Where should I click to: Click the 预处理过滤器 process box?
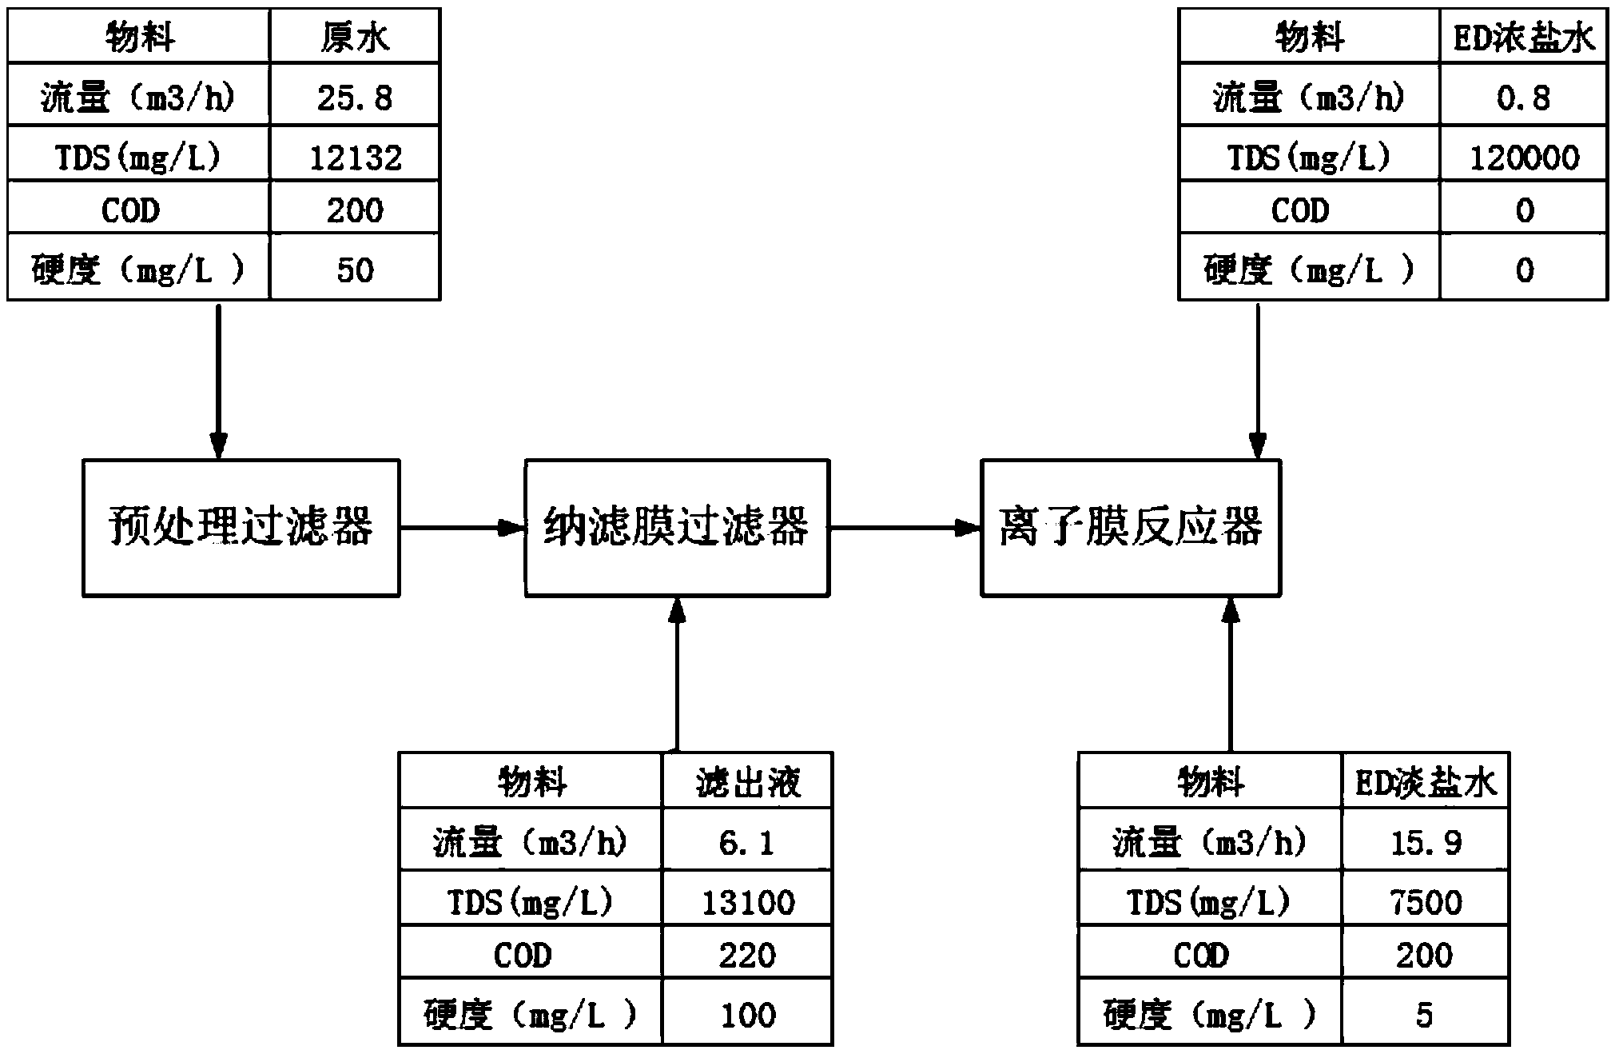coord(241,528)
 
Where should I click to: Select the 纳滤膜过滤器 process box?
coord(677,528)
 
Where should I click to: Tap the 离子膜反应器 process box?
coord(1131,528)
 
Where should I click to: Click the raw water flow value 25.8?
coord(355,98)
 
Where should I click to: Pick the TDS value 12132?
coord(355,158)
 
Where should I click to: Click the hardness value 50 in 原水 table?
coord(355,269)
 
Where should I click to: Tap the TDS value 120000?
coord(1524,158)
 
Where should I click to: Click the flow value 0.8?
coord(1524,98)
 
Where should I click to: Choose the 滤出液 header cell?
coord(747,781)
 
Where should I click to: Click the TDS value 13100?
coord(747,902)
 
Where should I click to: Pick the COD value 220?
coord(747,955)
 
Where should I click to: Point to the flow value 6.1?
coord(747,842)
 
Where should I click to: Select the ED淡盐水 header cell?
coord(1426,781)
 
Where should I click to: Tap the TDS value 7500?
coord(1426,902)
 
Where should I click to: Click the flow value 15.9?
coord(1426,842)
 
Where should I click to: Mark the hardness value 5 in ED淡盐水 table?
coord(1424,1015)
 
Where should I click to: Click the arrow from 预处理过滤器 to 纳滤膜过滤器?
coord(462,528)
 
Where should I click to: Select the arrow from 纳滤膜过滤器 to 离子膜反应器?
coord(905,528)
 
